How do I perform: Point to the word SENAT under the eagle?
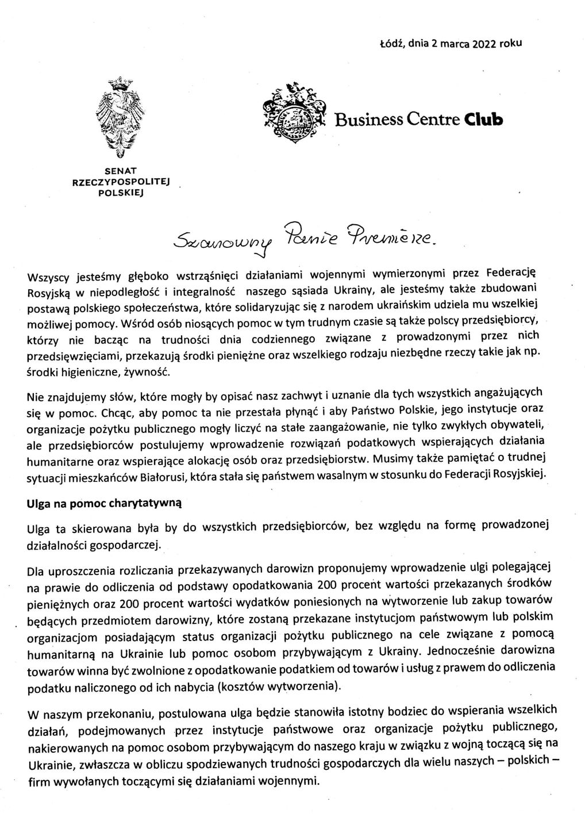pyautogui.click(x=120, y=171)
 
